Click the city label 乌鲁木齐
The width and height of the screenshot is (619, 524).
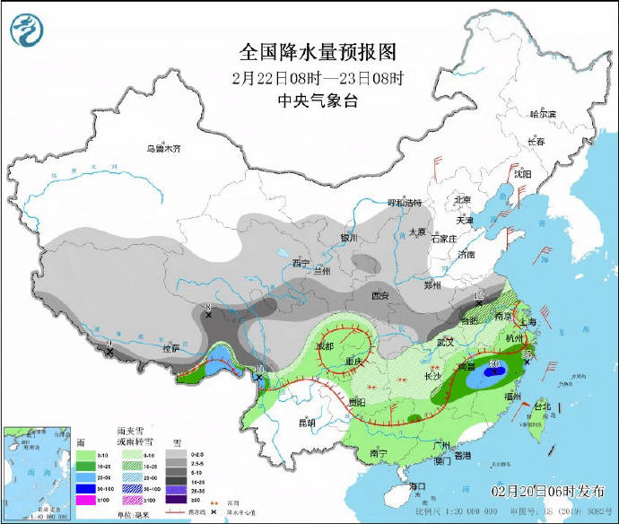click(164, 149)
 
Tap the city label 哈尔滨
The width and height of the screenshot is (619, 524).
click(543, 115)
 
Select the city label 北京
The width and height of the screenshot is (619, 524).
click(463, 199)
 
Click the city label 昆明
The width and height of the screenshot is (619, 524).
click(308, 423)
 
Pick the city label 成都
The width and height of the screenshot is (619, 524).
click(324, 346)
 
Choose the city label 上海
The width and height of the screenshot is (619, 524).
click(527, 321)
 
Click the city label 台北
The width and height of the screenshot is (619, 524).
click(544, 406)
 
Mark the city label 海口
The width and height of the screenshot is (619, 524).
click(417, 485)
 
